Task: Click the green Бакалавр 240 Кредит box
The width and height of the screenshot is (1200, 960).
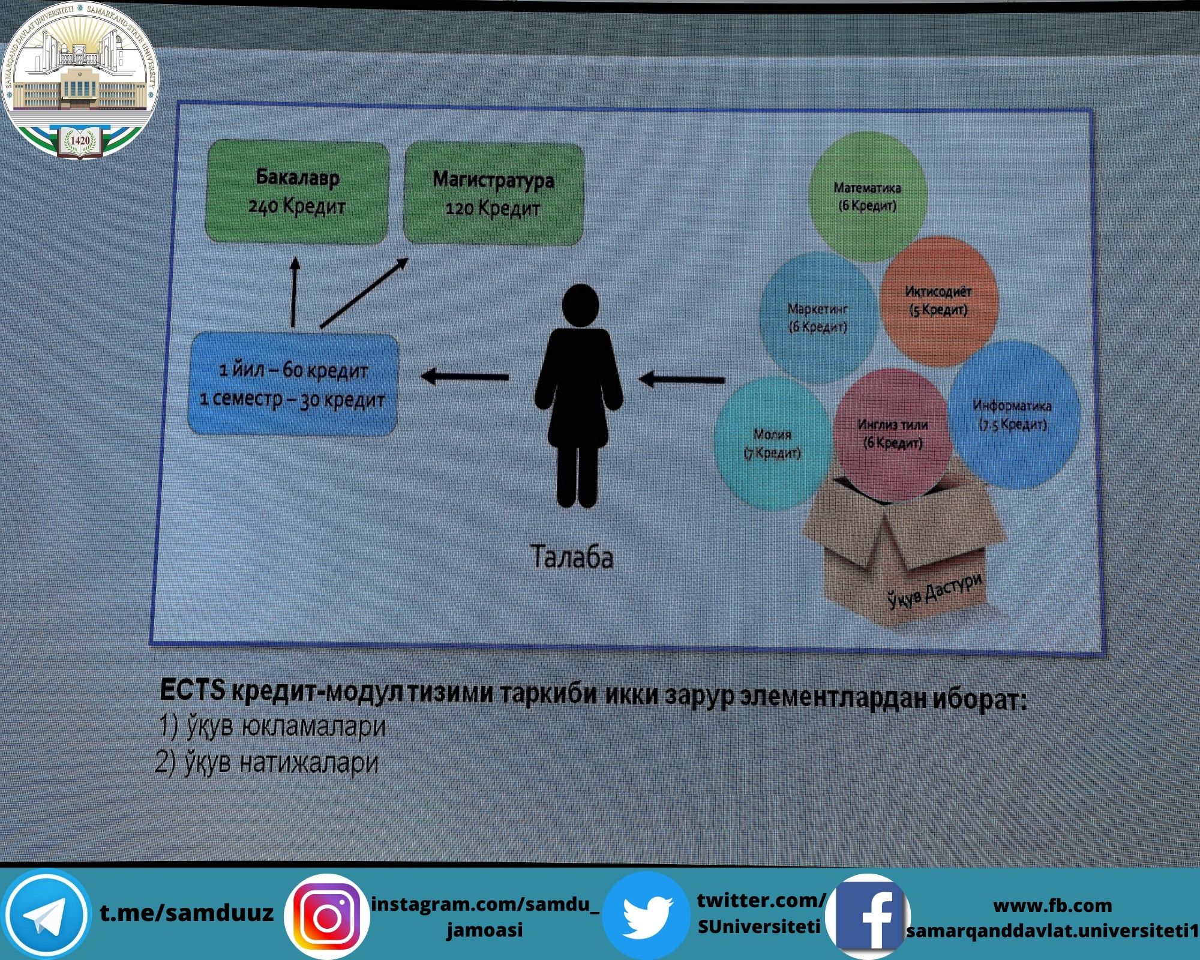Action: pos(297,192)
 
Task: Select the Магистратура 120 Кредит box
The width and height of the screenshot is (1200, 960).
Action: pos(493,194)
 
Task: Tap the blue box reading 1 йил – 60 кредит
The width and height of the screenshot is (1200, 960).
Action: pos(293,384)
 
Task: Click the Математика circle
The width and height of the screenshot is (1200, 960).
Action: pos(868,197)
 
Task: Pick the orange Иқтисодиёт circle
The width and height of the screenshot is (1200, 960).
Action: pos(939,301)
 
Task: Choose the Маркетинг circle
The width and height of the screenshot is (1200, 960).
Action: pos(818,318)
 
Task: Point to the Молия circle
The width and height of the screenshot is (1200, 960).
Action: pos(773,443)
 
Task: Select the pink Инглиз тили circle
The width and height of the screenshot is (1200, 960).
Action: pos(893,434)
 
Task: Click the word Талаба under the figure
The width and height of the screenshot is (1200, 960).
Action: pos(572,557)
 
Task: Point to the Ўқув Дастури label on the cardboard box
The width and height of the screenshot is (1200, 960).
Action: pos(935,590)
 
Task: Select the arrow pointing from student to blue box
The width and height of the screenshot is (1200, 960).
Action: pos(465,377)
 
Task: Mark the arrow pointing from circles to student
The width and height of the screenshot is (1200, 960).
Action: pos(682,379)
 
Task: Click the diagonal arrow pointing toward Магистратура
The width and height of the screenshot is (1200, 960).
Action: pos(364,293)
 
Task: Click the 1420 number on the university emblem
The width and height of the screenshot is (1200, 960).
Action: pos(80,140)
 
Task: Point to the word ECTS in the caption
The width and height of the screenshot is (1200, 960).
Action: pos(192,691)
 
